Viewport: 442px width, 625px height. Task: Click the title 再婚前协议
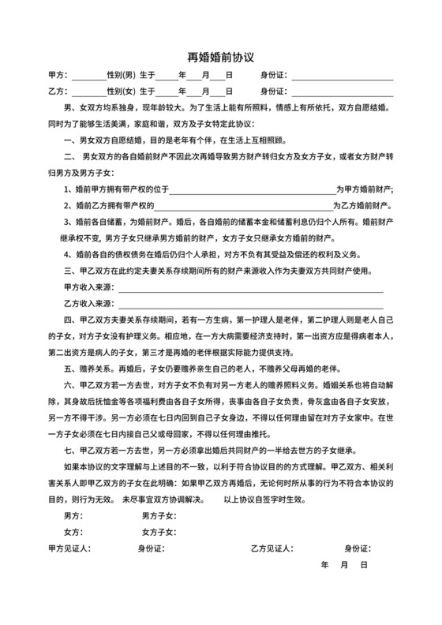[220, 57]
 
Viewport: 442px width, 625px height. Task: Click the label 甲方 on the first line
[57, 77]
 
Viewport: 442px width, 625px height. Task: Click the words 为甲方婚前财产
[365, 189]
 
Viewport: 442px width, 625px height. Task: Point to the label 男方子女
[158, 515]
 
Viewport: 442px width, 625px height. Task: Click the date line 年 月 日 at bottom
[344, 566]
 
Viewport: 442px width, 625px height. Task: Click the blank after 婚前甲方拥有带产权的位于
[253, 189]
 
